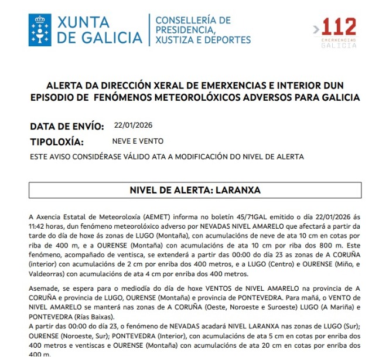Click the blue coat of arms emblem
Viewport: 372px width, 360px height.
(x=40, y=29)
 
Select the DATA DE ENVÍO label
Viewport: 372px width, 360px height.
(x=67, y=126)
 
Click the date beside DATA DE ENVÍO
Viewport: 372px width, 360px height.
(x=133, y=125)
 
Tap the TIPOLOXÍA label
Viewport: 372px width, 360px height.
(x=57, y=142)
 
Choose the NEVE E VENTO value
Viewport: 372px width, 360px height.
(x=138, y=141)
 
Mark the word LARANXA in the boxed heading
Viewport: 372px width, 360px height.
(x=238, y=191)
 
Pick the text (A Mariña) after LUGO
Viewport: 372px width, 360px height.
(x=325, y=307)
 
